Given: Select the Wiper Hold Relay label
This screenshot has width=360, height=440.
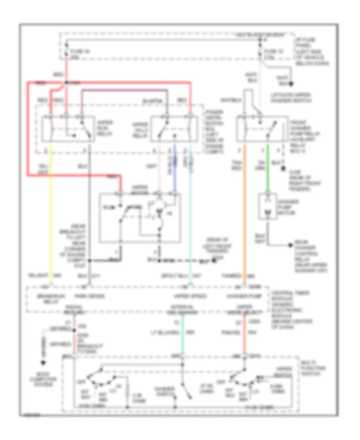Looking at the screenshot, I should [140, 129].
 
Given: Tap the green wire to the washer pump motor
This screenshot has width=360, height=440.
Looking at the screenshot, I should [268, 176].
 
